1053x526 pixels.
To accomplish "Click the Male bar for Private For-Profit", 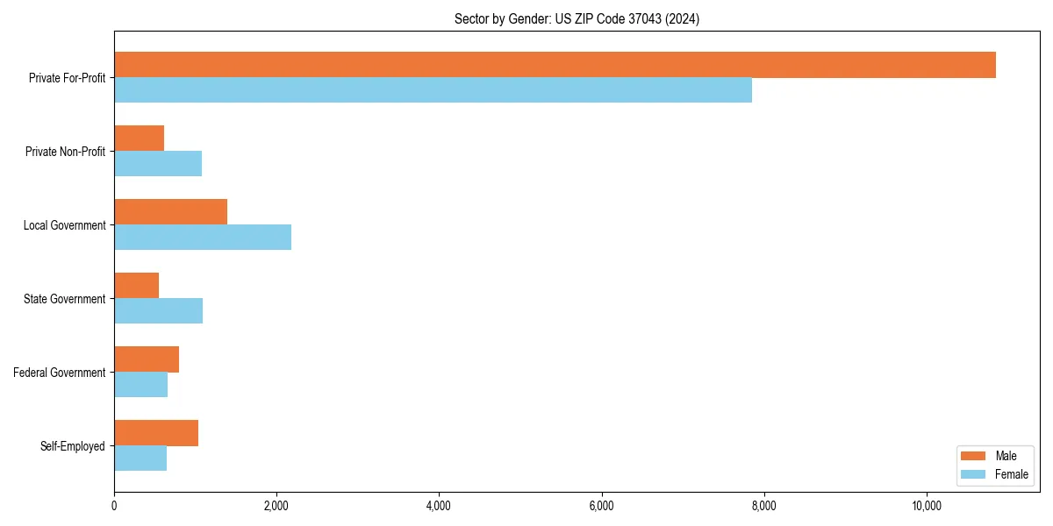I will (x=555, y=65).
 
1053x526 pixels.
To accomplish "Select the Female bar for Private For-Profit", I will (x=433, y=90).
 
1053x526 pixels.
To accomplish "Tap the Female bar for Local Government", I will (x=203, y=238).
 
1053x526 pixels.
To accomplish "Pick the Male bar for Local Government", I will (x=170, y=212).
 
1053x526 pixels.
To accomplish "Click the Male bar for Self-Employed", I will (x=156, y=433).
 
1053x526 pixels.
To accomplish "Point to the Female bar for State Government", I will (x=158, y=311).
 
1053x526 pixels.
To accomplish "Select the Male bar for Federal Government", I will (x=147, y=359).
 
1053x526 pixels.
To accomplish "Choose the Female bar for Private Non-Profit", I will (x=158, y=164).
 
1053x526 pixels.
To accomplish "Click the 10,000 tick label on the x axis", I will (x=927, y=506).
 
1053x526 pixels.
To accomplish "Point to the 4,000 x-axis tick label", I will (x=439, y=506).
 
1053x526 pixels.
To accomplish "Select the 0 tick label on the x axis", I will (x=114, y=506).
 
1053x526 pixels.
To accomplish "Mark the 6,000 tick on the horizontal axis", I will (x=601, y=506).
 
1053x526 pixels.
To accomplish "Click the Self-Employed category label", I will (x=72, y=446).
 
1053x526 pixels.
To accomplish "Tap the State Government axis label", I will (x=64, y=299).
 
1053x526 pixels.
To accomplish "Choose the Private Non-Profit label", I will (x=65, y=152).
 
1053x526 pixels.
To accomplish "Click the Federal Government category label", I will (x=59, y=373).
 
